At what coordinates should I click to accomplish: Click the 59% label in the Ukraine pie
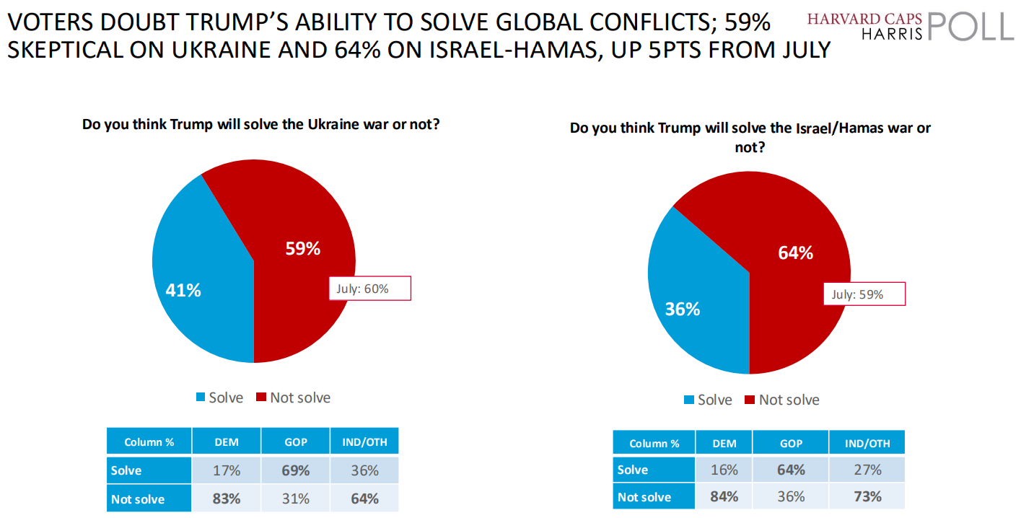pos(302,249)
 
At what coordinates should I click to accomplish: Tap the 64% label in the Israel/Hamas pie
pos(795,253)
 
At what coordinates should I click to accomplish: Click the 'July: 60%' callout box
pos(369,289)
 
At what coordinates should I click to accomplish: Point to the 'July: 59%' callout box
pos(864,294)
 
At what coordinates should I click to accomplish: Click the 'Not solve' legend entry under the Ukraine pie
pos(293,398)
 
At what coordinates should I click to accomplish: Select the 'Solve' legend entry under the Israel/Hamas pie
pos(708,400)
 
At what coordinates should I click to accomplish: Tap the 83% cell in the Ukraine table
pos(226,499)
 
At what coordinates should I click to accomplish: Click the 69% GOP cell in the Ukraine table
pos(296,470)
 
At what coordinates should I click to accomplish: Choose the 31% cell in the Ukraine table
pos(296,499)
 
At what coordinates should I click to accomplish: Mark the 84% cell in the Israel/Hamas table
pos(724,497)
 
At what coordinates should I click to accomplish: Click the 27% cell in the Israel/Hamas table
pos(867,470)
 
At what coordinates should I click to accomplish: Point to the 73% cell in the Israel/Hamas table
pos(867,497)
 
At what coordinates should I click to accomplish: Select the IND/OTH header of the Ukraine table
pos(364,442)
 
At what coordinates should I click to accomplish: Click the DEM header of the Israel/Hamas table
pos(724,444)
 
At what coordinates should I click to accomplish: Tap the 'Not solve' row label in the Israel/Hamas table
pos(644,497)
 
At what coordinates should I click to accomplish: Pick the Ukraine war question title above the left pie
pos(260,124)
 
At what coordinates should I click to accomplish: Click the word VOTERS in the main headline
pos(52,24)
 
